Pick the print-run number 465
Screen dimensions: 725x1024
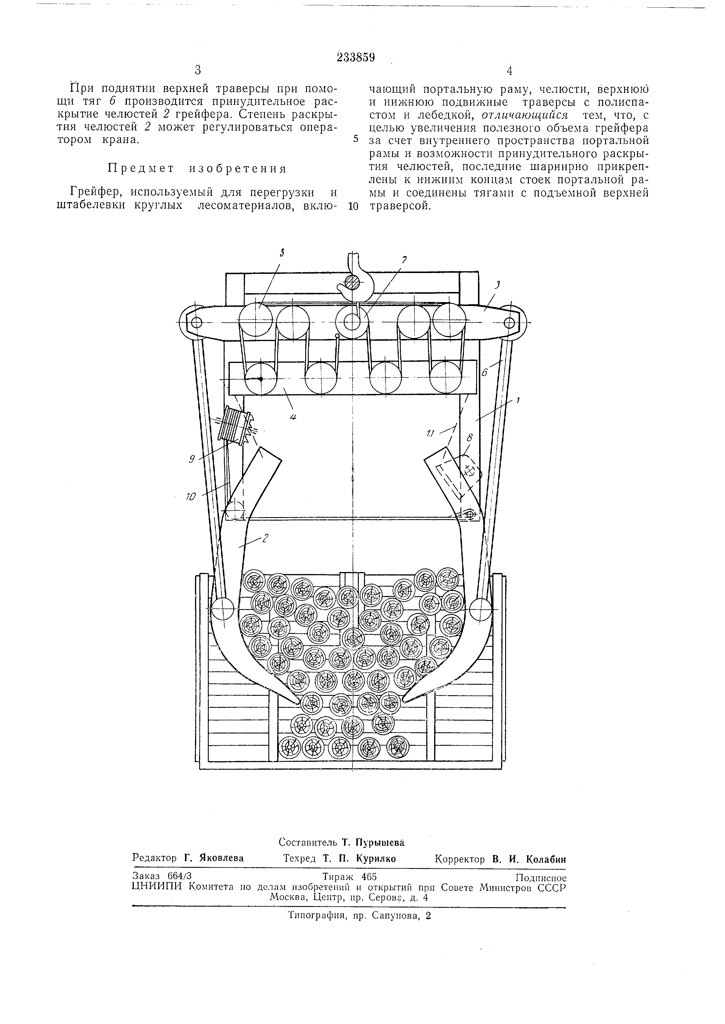tap(368, 876)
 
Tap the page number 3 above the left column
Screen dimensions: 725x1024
tap(198, 70)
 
